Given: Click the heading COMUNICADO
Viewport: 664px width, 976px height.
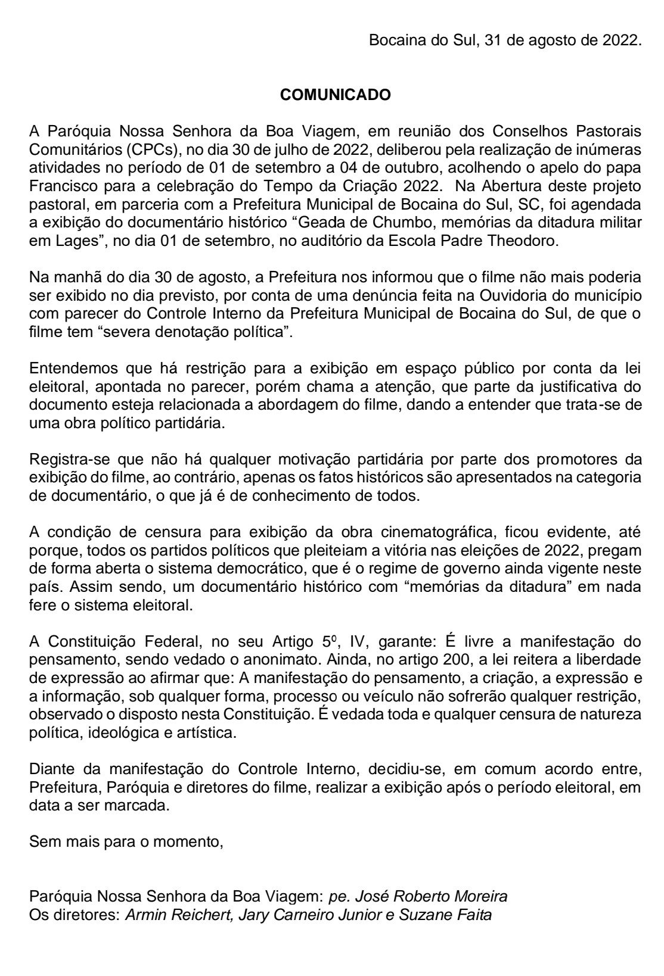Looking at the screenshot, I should tap(336, 95).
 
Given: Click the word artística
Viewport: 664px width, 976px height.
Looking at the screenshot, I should tap(206, 732).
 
